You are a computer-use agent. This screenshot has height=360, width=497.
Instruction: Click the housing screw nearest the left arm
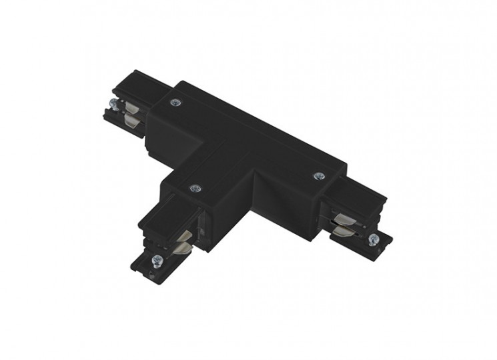click(x=175, y=102)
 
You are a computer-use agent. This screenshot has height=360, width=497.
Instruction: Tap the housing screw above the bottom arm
click(x=195, y=189)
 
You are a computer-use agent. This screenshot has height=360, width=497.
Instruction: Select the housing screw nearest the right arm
click(x=319, y=175)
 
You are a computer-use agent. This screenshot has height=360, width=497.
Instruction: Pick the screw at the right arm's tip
click(x=372, y=240)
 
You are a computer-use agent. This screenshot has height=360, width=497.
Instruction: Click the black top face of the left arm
click(x=133, y=89)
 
